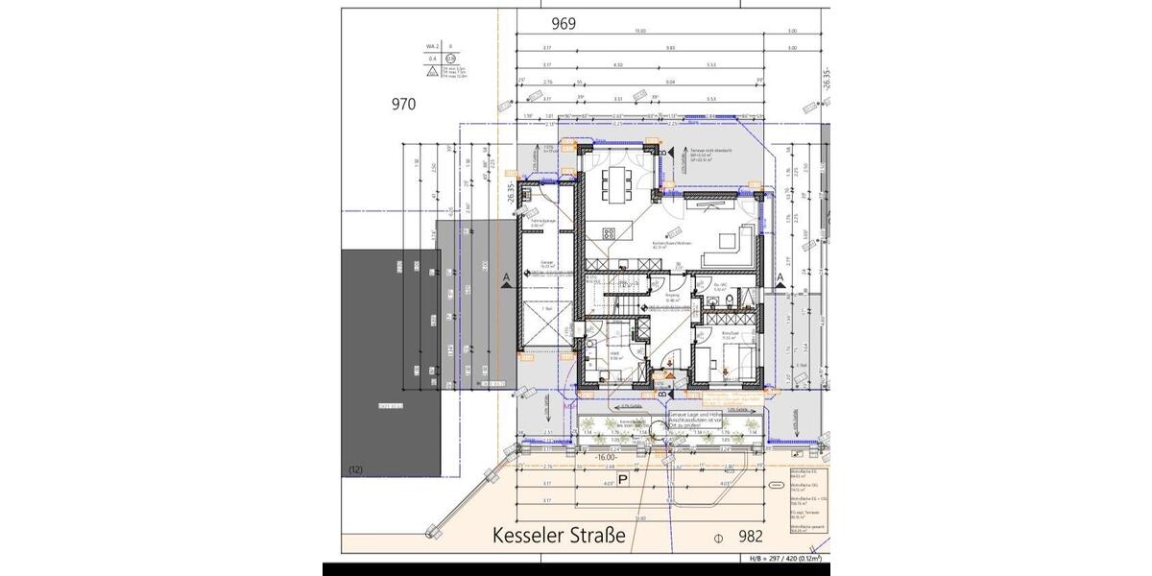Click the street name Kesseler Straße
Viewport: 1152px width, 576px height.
tap(559, 535)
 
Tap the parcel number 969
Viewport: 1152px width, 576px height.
tap(564, 24)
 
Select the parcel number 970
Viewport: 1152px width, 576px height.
tap(403, 104)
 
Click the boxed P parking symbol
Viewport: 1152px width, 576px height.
tap(622, 479)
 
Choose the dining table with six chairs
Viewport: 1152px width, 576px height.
tap(615, 181)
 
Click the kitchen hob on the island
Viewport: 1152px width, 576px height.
tap(609, 233)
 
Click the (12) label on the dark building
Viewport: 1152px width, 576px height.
tap(356, 469)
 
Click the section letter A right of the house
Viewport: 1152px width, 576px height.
tap(780, 277)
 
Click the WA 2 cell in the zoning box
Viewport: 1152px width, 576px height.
tap(432, 45)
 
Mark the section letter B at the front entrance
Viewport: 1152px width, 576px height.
tap(662, 393)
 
